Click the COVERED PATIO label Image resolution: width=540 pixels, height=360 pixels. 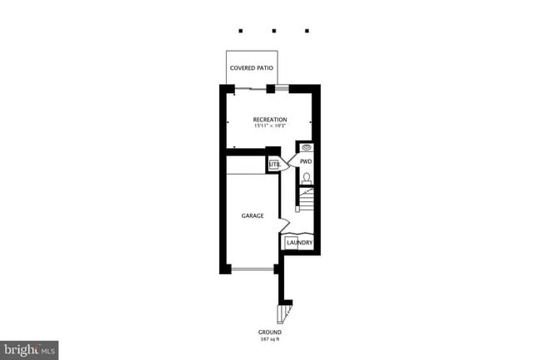pyautogui.click(x=253, y=67)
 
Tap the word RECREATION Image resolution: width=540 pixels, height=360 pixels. pyautogui.click(x=270, y=120)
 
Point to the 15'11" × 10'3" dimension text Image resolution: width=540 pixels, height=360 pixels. pyautogui.click(x=270, y=126)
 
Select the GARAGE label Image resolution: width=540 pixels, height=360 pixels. pyautogui.click(x=253, y=215)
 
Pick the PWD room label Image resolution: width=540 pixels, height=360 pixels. pyautogui.click(x=305, y=161)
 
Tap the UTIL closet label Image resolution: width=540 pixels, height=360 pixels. pyautogui.click(x=274, y=165)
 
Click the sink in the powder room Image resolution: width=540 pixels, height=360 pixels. pyautogui.click(x=305, y=148)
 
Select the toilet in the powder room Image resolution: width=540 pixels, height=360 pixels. pyautogui.click(x=306, y=176)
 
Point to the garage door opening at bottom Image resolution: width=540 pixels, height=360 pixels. pyautogui.click(x=253, y=269)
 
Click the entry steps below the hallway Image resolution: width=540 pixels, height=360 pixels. pyautogui.click(x=285, y=313)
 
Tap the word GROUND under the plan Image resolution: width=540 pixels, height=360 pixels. pyautogui.click(x=270, y=332)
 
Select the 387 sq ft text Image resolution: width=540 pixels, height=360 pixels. pyautogui.click(x=270, y=338)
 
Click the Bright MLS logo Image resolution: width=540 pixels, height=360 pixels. pyautogui.click(x=29, y=349)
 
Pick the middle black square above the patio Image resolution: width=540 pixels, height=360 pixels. pyautogui.click(x=273, y=31)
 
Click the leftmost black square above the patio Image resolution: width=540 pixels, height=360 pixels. pyautogui.click(x=241, y=31)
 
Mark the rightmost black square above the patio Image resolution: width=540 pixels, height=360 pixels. pyautogui.click(x=307, y=31)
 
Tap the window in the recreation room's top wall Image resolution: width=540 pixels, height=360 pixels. pyautogui.click(x=282, y=86)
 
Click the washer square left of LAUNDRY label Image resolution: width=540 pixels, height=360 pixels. pyautogui.click(x=291, y=243)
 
